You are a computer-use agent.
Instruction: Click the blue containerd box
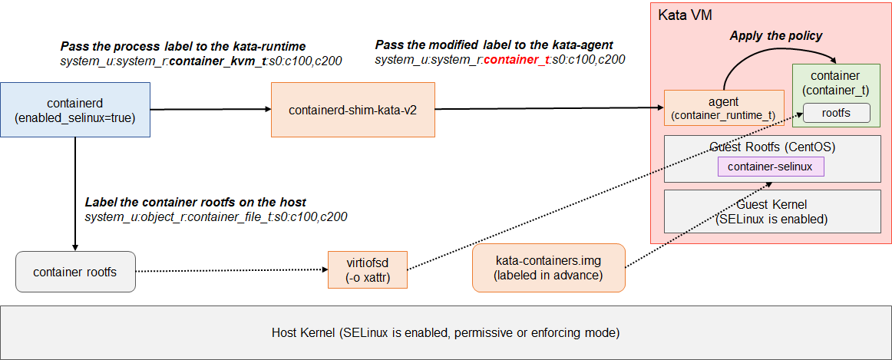[75, 110]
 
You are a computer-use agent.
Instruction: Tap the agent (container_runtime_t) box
[723, 108]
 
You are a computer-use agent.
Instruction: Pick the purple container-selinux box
[771, 166]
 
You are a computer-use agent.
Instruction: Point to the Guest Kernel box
[771, 211]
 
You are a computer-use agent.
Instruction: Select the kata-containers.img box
[548, 268]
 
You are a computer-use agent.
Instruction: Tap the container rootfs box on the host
[75, 272]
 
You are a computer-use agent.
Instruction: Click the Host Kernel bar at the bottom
[445, 333]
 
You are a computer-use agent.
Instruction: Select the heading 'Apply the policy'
[775, 35]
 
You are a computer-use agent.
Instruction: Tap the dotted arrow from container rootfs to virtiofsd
[230, 270]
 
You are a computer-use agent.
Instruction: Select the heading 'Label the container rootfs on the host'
[195, 202]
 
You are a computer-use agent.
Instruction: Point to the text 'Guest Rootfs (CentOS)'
[771, 147]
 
